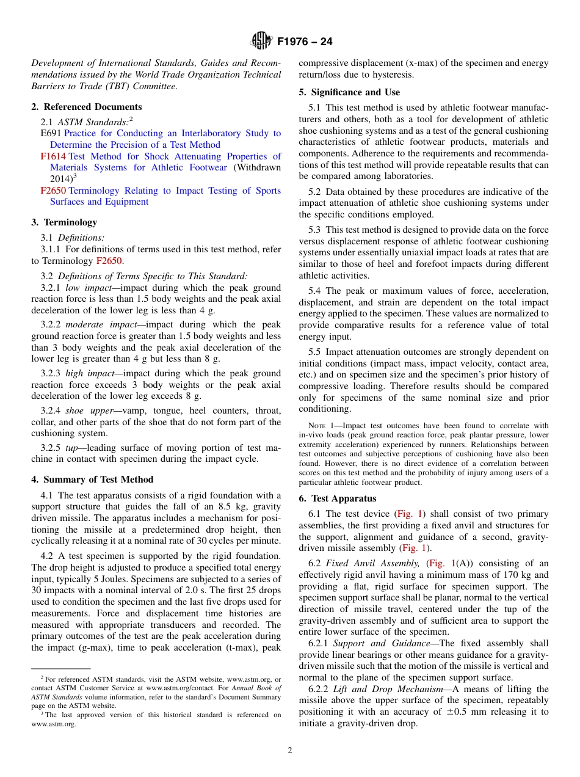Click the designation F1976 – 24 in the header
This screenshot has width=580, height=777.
pos(305,42)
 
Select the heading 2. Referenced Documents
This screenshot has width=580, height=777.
pos(87,107)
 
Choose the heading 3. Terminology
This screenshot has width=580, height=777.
pos(64,222)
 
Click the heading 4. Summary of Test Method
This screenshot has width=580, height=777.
pos(92,480)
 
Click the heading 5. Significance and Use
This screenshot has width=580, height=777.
pos(349,92)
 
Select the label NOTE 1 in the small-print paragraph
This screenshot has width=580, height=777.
pos(324,426)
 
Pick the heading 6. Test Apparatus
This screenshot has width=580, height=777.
pos(338,498)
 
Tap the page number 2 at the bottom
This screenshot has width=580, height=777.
pos(290,751)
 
